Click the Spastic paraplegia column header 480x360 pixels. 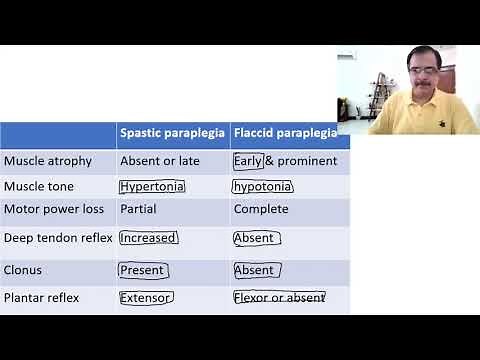pos(172,132)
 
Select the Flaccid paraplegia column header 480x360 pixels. pos(285,132)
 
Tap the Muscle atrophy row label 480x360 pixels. pos(48,160)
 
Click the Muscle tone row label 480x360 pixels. pos(39,186)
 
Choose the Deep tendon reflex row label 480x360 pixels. pos(58,238)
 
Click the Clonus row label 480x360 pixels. pos(23,270)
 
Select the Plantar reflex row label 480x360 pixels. pos(41,297)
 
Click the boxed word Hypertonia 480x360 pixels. pos(152,186)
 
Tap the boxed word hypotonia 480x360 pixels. pos(262,186)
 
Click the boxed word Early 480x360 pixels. pos(248,160)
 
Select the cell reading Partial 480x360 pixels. pos(138,210)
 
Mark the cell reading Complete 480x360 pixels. pos(261,210)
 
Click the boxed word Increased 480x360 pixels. pos(148,238)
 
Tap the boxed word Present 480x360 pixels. pos(142,270)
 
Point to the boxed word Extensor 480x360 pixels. pos(146,297)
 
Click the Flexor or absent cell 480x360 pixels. pos(279,297)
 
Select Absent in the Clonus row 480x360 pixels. pos(254,270)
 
